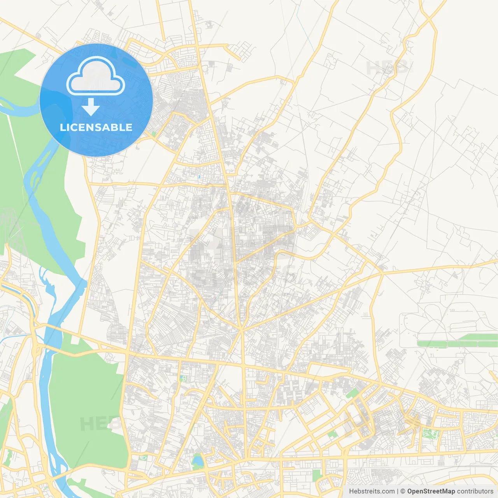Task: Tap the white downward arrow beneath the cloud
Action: coord(91,107)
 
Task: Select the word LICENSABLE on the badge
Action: coord(96,127)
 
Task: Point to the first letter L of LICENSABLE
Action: coord(62,127)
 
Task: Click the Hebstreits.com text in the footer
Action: coord(372,491)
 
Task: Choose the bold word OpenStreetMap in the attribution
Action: coord(431,491)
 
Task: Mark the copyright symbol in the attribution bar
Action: coord(403,491)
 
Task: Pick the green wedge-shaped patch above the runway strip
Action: coord(352,393)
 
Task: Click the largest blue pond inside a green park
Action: coord(198,461)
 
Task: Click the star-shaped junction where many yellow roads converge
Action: coord(241,330)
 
